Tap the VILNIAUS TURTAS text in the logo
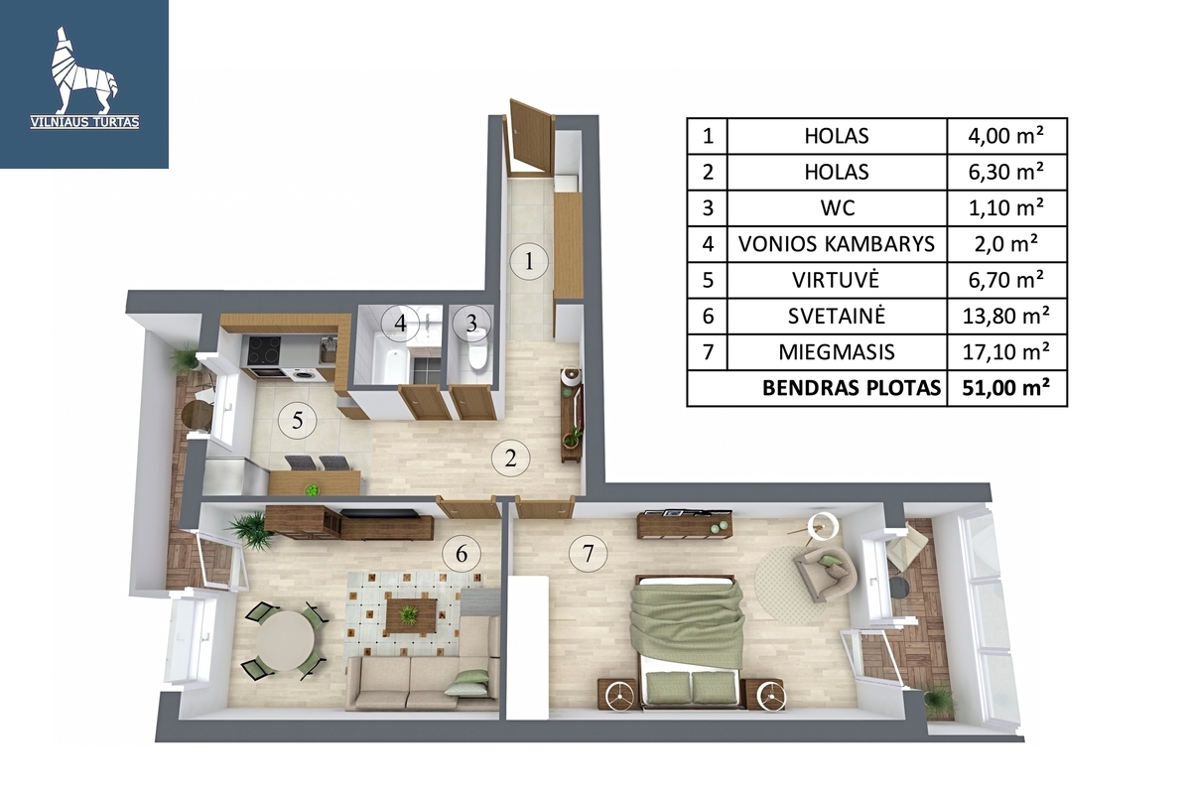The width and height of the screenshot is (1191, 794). tap(85, 123)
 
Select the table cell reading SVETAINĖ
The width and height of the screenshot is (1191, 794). tap(837, 316)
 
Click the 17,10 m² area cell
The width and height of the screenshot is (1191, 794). tap(1006, 352)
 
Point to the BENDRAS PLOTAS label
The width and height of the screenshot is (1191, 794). tap(852, 388)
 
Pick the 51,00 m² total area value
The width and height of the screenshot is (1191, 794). tap(1006, 388)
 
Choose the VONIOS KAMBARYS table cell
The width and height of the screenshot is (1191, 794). tap(837, 244)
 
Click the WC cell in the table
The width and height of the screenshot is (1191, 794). tap(837, 208)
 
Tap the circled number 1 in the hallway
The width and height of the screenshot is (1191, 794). tap(528, 261)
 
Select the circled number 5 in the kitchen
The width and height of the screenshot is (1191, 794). tap(298, 420)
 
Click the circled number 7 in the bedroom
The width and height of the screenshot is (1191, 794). tap(588, 554)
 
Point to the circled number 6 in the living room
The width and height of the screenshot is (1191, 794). tap(462, 554)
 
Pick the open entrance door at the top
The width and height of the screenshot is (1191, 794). tap(529, 138)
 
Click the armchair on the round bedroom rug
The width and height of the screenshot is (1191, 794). tap(825, 574)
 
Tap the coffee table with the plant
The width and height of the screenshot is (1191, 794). tap(411, 615)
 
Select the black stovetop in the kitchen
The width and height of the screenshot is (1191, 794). tap(263, 351)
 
